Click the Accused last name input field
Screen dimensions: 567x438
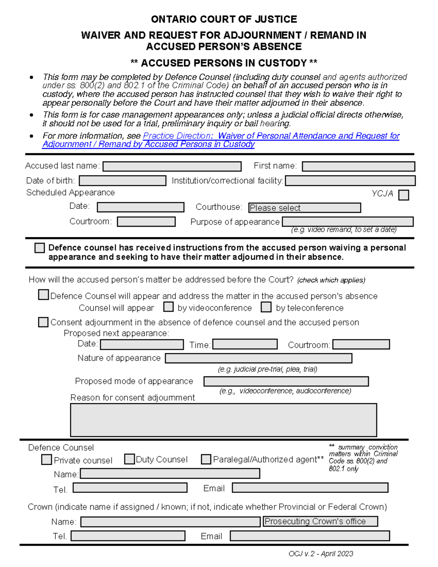172,166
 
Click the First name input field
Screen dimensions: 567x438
358,166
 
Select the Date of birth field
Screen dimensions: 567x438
123,181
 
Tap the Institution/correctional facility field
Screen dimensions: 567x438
350,181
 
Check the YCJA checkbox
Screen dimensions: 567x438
404,195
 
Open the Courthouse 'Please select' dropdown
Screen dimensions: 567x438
304,208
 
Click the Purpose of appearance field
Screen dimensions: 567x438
347,222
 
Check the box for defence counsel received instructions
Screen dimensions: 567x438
39,248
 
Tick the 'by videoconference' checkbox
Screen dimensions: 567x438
168,307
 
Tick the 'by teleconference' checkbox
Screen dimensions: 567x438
266,307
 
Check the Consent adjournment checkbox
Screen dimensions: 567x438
43,322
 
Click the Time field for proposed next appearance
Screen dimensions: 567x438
245,344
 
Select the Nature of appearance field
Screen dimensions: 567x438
258,358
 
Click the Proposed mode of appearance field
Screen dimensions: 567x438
286,382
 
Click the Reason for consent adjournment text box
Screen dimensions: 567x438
223,420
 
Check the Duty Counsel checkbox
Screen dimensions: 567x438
129,459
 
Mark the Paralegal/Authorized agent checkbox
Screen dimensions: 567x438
206,459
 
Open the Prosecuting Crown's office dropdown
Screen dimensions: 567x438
320,521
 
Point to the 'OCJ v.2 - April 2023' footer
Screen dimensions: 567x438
320,554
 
